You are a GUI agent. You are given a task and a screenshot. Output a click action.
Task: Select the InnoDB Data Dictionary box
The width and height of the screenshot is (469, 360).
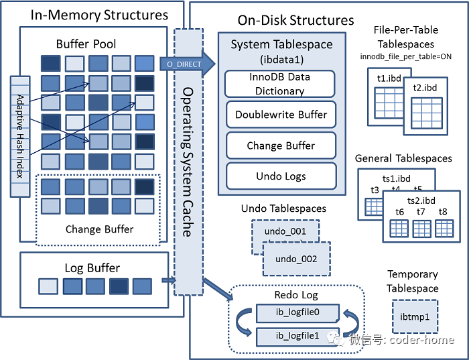[x=279, y=84]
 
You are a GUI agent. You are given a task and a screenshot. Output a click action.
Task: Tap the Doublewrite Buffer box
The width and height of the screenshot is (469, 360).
[x=281, y=115]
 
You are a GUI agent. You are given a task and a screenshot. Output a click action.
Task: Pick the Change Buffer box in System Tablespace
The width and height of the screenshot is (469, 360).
[x=281, y=145]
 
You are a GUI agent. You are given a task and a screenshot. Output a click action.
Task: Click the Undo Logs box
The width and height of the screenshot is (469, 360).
[x=281, y=176]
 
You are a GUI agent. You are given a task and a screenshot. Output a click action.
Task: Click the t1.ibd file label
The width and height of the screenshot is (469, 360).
[x=389, y=78]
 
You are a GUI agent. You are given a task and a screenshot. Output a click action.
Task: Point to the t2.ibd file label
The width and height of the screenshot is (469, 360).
[x=425, y=88]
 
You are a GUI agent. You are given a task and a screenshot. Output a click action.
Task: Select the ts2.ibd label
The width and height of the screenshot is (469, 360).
[x=421, y=200]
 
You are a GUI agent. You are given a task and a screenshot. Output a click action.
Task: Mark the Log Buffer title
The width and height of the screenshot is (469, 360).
[x=92, y=267]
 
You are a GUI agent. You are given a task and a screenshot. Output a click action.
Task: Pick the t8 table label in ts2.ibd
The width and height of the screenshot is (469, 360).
[x=443, y=212]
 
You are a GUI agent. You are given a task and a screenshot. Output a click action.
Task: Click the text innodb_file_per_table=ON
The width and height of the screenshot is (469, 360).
[x=405, y=56]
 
